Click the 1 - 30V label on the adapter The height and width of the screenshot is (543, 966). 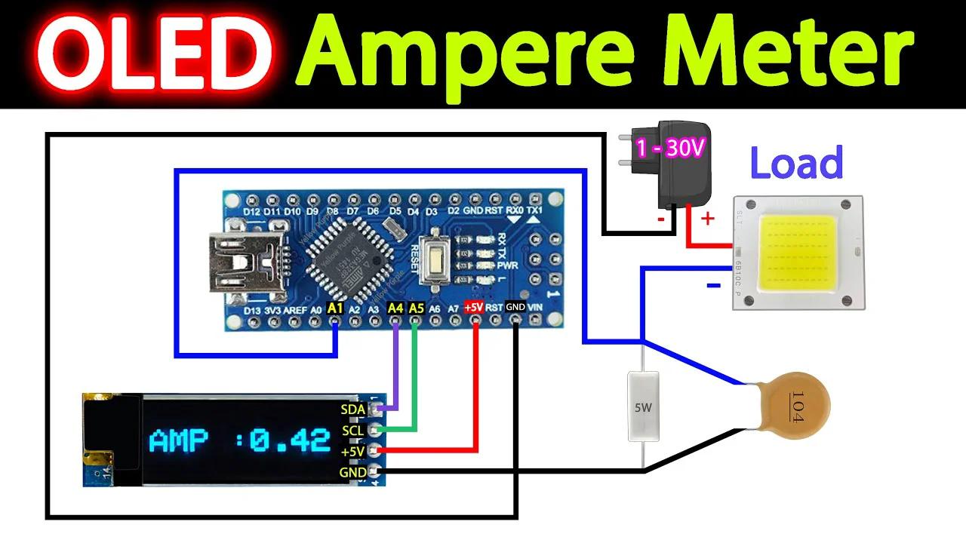pos(670,148)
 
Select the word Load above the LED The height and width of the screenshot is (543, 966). pos(796,163)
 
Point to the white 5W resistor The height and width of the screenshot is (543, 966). pos(644,406)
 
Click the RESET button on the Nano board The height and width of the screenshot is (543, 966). pos(437,261)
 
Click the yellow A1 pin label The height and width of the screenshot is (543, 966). pos(336,308)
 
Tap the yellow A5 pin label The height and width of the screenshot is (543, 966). pos(416,308)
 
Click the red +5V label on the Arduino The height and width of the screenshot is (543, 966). pos(474,308)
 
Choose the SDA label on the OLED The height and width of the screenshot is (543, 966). pos(353,410)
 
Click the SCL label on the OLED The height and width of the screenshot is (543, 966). pos(352,431)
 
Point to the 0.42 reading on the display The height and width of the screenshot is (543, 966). pos(290,440)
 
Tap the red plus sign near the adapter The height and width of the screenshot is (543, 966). pos(708,219)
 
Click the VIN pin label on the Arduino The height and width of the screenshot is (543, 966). pos(535,308)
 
